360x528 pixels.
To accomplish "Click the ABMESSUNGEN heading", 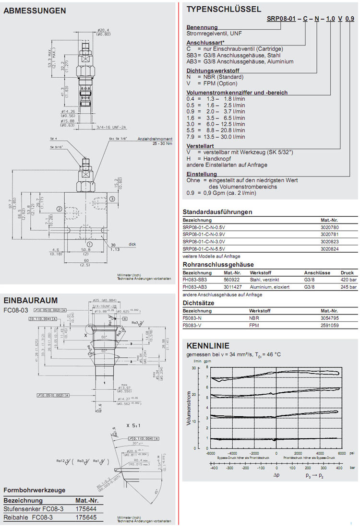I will coord(35,11).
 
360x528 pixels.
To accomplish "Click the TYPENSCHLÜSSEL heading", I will coord(224,9).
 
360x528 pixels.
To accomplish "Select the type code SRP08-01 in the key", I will coord(281,19).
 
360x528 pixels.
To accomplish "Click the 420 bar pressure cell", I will coord(348,279).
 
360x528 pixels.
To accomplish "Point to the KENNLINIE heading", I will coord(208,346).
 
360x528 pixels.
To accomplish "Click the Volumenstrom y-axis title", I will coord(189,408).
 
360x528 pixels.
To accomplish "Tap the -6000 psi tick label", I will coord(210,453).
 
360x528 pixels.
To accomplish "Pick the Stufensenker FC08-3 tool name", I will coord(32,509).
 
